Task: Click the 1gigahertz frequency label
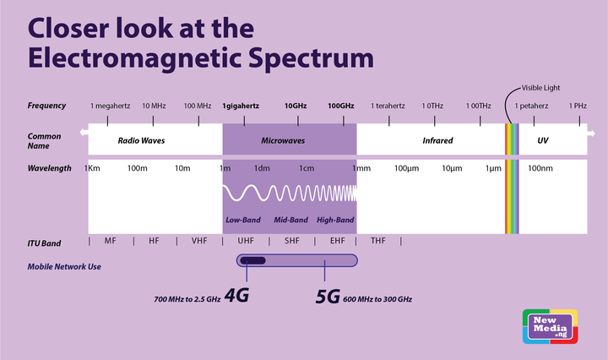coord(241,106)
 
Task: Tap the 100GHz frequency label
coord(341,106)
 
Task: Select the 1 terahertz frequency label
coord(388,106)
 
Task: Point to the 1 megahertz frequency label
coord(110,106)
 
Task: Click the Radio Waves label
coord(141,140)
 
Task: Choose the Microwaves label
coord(283,140)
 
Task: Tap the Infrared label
coord(437,140)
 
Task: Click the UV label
coord(542,140)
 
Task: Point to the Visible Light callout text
coord(540,88)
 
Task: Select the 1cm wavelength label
coord(307,168)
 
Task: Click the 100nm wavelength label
coord(540,168)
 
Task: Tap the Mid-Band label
coord(290,220)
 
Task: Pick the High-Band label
coord(335,220)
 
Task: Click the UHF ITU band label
coord(246,241)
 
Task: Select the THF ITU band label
coord(378,241)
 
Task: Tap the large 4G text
coord(236,295)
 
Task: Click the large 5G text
coord(328,297)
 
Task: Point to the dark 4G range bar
coord(252,260)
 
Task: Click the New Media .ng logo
coord(551,327)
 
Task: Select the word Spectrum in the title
coord(311,58)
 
